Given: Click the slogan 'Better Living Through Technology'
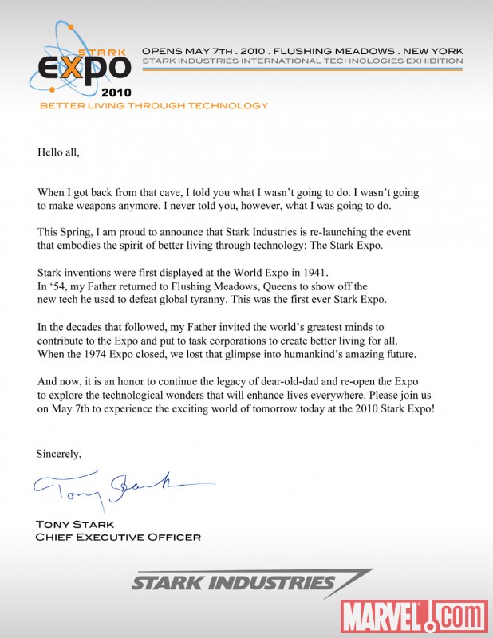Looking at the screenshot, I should tap(154, 105).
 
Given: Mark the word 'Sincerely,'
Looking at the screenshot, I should tap(59, 454).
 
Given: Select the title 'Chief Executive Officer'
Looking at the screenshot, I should tap(118, 537).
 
